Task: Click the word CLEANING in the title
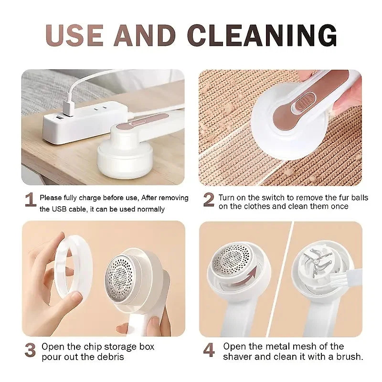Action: pos(262,35)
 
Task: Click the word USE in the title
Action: pos(74,35)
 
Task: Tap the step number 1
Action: pos(31,200)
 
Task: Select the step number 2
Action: pos(209,200)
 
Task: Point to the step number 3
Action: pos(30,350)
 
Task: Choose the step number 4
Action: pos(209,350)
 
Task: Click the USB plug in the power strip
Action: pos(68,108)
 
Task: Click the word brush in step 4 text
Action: pos(349,356)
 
